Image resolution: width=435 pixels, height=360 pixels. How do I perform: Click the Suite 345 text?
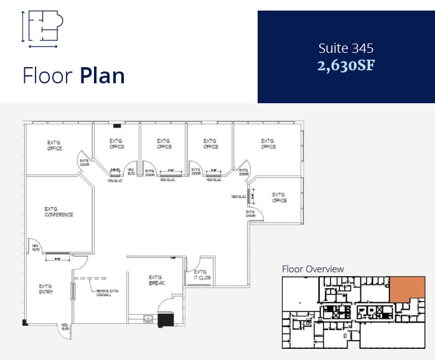(x=346, y=48)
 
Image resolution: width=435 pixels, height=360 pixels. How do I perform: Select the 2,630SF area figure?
(x=346, y=65)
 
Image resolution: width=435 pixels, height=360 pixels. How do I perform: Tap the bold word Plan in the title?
(x=102, y=75)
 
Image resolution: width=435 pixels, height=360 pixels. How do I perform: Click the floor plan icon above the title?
(x=42, y=29)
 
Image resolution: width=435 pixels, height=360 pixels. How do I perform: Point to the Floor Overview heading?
(x=312, y=269)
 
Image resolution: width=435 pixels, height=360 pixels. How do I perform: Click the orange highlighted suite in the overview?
(x=407, y=288)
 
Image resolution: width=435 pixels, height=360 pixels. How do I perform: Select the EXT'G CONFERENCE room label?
(x=58, y=212)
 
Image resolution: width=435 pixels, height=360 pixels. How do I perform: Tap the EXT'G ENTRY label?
(x=45, y=289)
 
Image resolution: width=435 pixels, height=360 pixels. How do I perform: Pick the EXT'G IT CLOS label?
(x=201, y=275)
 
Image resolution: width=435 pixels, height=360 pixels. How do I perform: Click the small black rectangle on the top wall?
(x=117, y=126)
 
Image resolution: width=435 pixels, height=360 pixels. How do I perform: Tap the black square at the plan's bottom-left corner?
(x=25, y=322)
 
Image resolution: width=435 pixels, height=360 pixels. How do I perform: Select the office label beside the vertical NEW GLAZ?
(x=279, y=198)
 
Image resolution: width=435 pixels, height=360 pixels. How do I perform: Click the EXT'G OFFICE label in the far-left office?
(x=55, y=145)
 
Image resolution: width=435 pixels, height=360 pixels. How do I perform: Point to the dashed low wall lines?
(x=90, y=278)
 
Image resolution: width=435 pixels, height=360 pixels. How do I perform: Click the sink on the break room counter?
(x=148, y=320)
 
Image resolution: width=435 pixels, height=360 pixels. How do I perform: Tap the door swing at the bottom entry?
(x=65, y=331)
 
